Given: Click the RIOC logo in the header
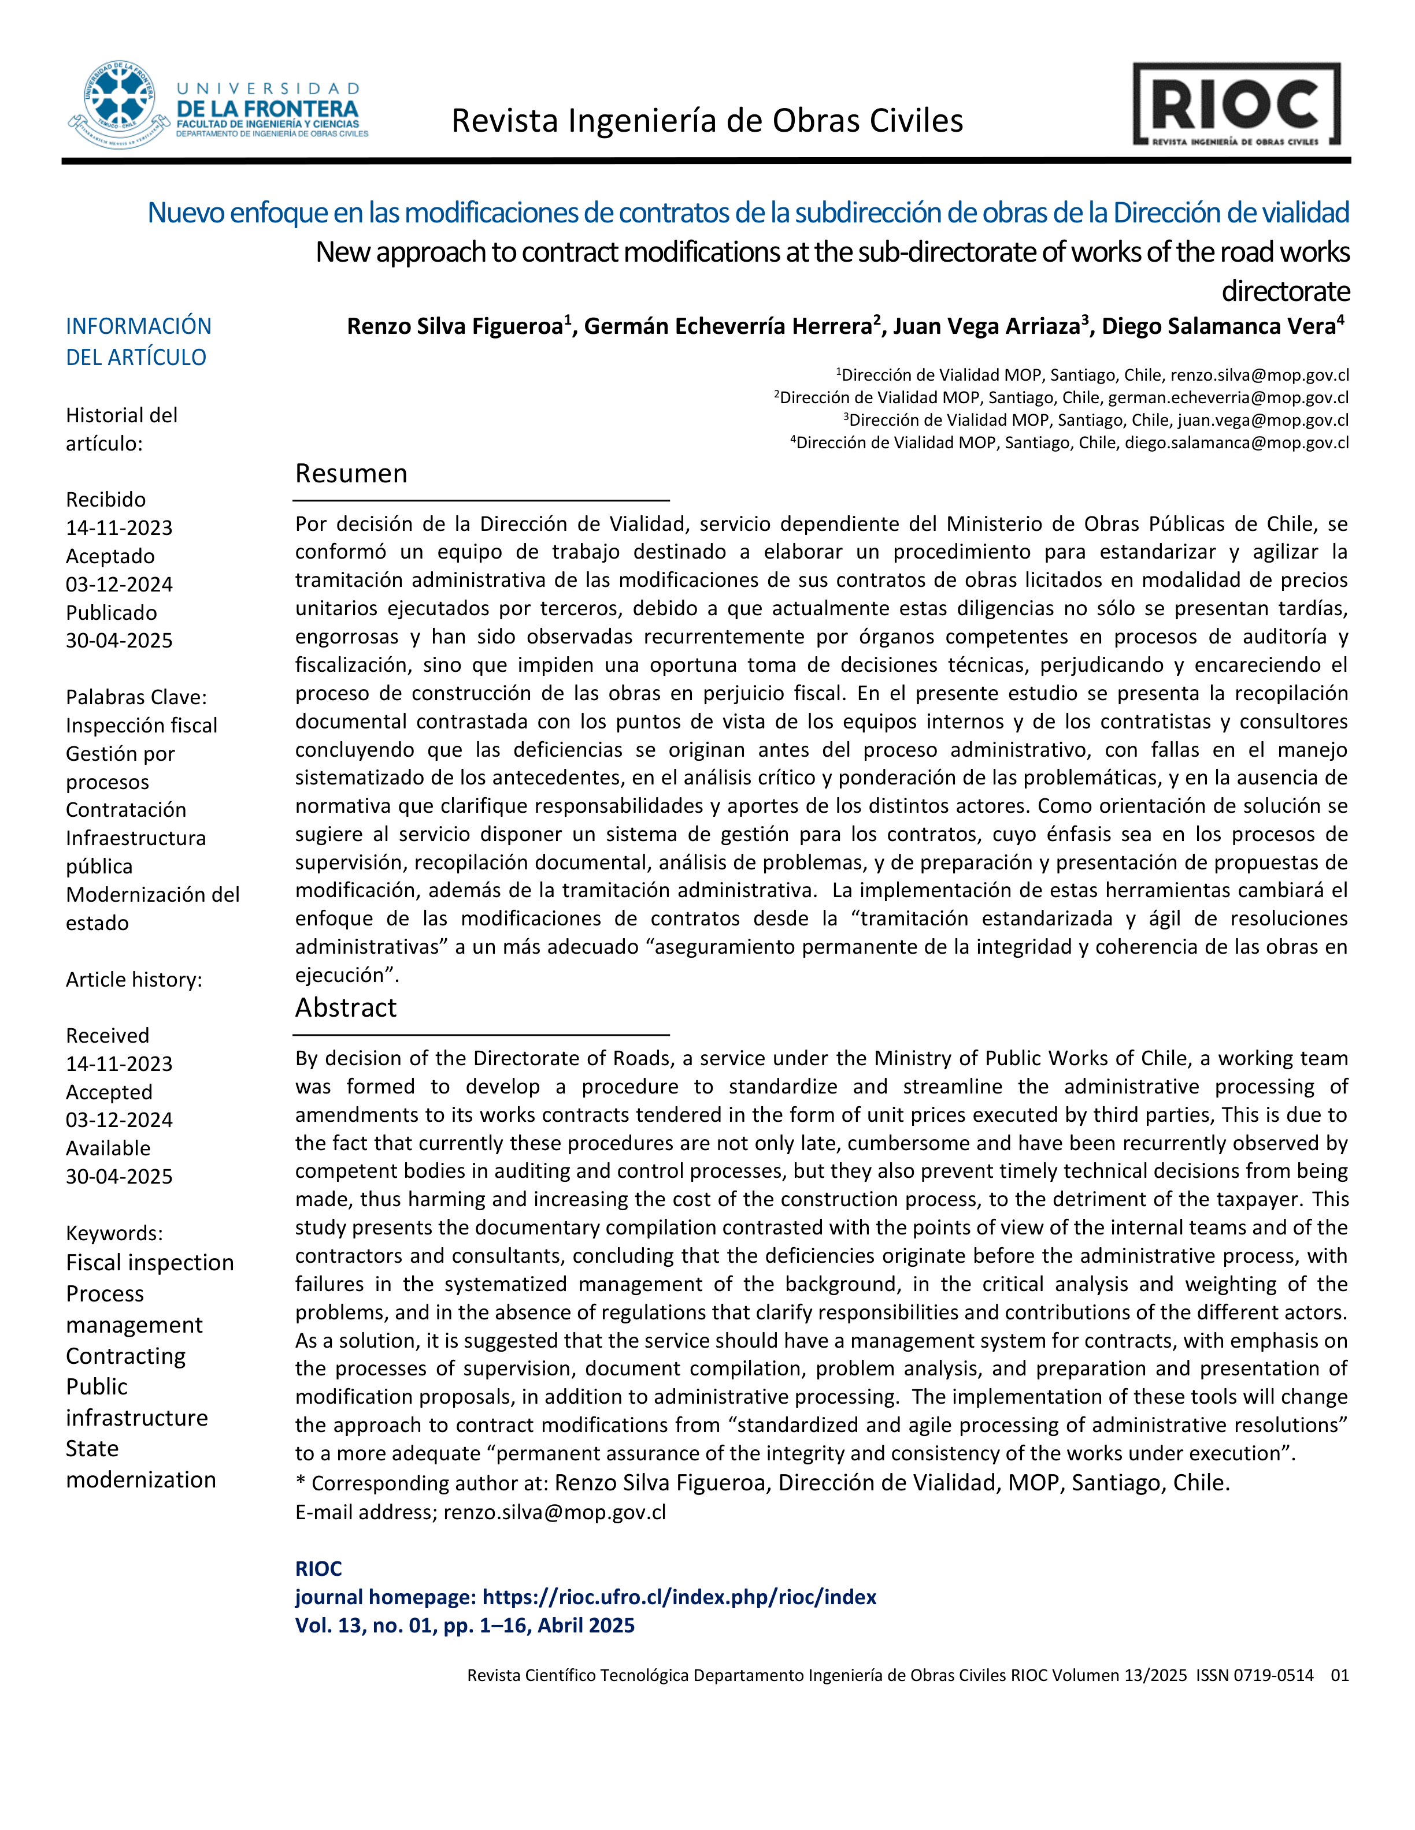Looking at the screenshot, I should point(1236,105).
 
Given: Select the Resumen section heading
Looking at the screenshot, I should point(351,474).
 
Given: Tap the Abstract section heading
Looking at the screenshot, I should point(345,1007).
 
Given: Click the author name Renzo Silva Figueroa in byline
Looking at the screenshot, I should point(455,326).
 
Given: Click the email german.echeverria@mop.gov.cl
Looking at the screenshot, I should point(1228,397).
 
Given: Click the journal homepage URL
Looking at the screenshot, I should point(679,1597).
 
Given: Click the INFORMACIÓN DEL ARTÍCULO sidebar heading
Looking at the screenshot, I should point(138,341).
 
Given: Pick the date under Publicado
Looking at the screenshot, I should point(119,640).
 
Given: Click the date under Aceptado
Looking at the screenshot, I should point(119,584).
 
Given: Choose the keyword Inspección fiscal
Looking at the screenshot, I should point(142,725).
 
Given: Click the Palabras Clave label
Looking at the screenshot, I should point(136,697).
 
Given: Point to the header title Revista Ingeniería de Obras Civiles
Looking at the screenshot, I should point(707,121).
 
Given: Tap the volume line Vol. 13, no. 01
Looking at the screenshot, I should point(464,1626).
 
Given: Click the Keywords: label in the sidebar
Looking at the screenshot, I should point(114,1233).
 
